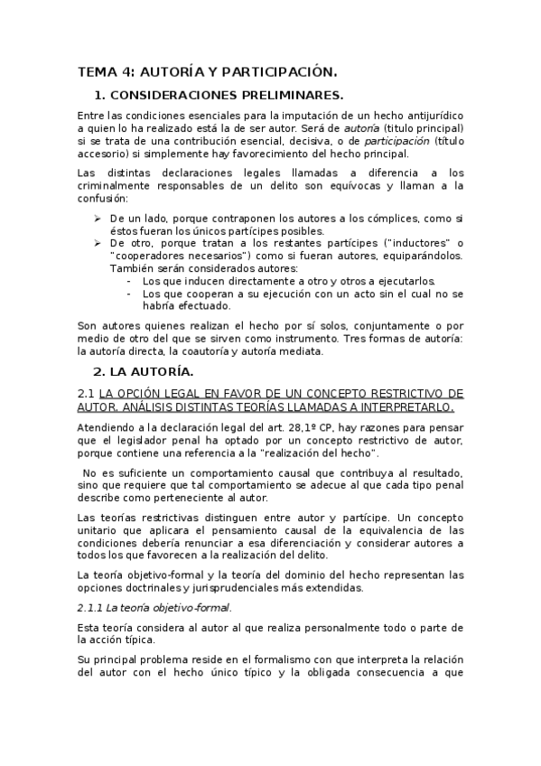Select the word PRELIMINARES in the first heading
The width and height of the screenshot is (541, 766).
294,95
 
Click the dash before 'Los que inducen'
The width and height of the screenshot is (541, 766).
133,281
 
